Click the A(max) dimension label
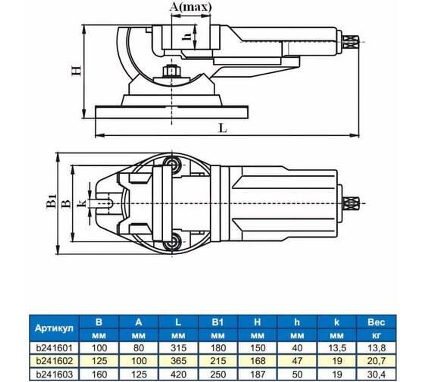190,7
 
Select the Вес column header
377,322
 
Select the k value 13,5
337,348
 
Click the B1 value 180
218,348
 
